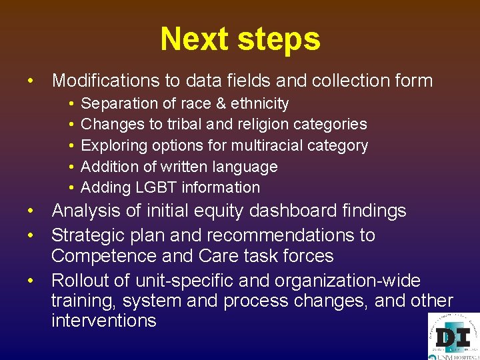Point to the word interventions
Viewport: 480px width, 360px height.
point(103,321)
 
